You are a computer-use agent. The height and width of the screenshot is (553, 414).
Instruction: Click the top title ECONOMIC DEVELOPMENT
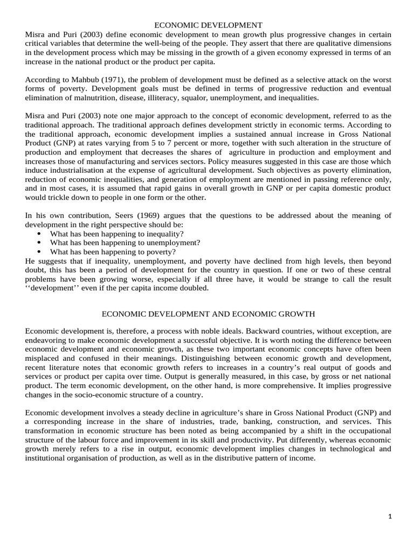pos(209,25)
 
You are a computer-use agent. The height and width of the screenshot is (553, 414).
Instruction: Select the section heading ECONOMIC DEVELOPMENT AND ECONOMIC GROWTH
pos(209,314)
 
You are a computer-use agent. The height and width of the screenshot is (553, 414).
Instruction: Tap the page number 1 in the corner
pos(390,517)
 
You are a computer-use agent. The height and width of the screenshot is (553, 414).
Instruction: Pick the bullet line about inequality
pos(117,234)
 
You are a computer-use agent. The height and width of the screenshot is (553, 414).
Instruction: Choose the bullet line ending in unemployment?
pos(125,242)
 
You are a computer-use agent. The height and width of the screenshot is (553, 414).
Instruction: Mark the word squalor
pos(210,98)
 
